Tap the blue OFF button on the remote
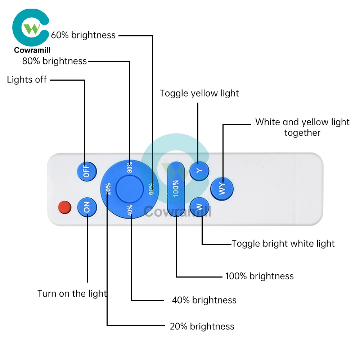(x=87, y=171)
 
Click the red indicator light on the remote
(x=65, y=207)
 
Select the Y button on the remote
(x=199, y=171)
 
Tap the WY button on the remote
(x=222, y=189)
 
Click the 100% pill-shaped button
(x=176, y=189)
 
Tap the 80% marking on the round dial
(x=130, y=167)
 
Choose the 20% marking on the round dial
(x=108, y=189)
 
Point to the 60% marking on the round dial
(x=151, y=189)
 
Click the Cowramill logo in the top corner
(x=31, y=31)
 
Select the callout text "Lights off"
(x=27, y=80)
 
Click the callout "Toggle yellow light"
(x=199, y=94)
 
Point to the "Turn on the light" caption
(x=72, y=294)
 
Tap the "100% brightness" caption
(x=260, y=276)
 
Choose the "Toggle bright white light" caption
(x=283, y=244)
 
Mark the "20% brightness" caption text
(x=202, y=326)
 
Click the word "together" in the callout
(x=302, y=133)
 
